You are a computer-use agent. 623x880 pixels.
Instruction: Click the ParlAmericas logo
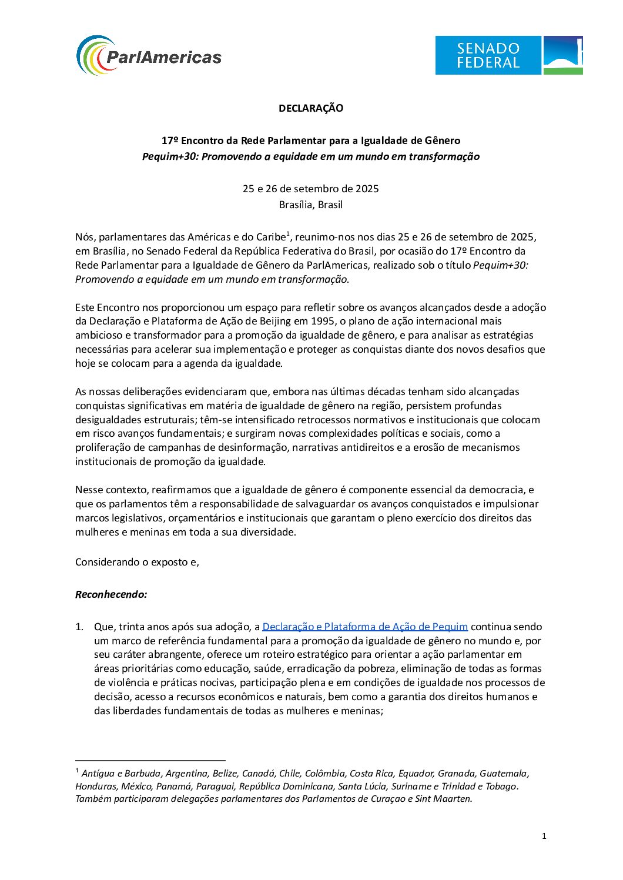(149, 56)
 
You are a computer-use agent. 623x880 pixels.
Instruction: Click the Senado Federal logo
(508, 55)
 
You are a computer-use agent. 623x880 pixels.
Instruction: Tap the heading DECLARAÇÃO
(311, 108)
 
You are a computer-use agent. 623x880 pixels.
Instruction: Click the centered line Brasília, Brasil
(311, 205)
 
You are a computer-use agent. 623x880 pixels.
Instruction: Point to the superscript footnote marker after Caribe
(288, 235)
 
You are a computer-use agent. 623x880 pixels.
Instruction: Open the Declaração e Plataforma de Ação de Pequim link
(365, 627)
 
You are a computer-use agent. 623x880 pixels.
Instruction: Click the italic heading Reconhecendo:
(111, 594)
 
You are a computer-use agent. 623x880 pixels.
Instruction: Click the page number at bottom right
(544, 836)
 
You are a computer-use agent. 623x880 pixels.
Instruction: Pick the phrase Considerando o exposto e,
(137, 562)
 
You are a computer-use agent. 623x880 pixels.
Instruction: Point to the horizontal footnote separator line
(150, 760)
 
